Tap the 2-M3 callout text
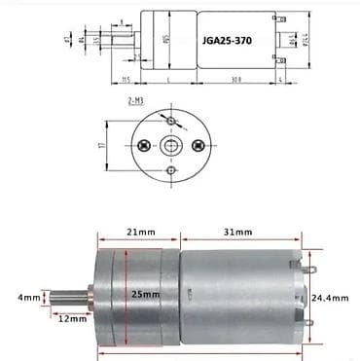pyautogui.click(x=137, y=100)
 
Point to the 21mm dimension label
pyautogui.click(x=136, y=233)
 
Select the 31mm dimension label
pyautogui.click(x=236, y=233)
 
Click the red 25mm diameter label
pyautogui.click(x=145, y=294)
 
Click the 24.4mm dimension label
pyautogui.click(x=331, y=297)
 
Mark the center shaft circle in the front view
pyautogui.click(x=171, y=145)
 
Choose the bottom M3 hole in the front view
pyautogui.click(x=171, y=171)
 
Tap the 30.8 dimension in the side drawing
pyautogui.click(x=237, y=79)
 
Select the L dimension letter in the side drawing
pyautogui.click(x=171, y=79)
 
